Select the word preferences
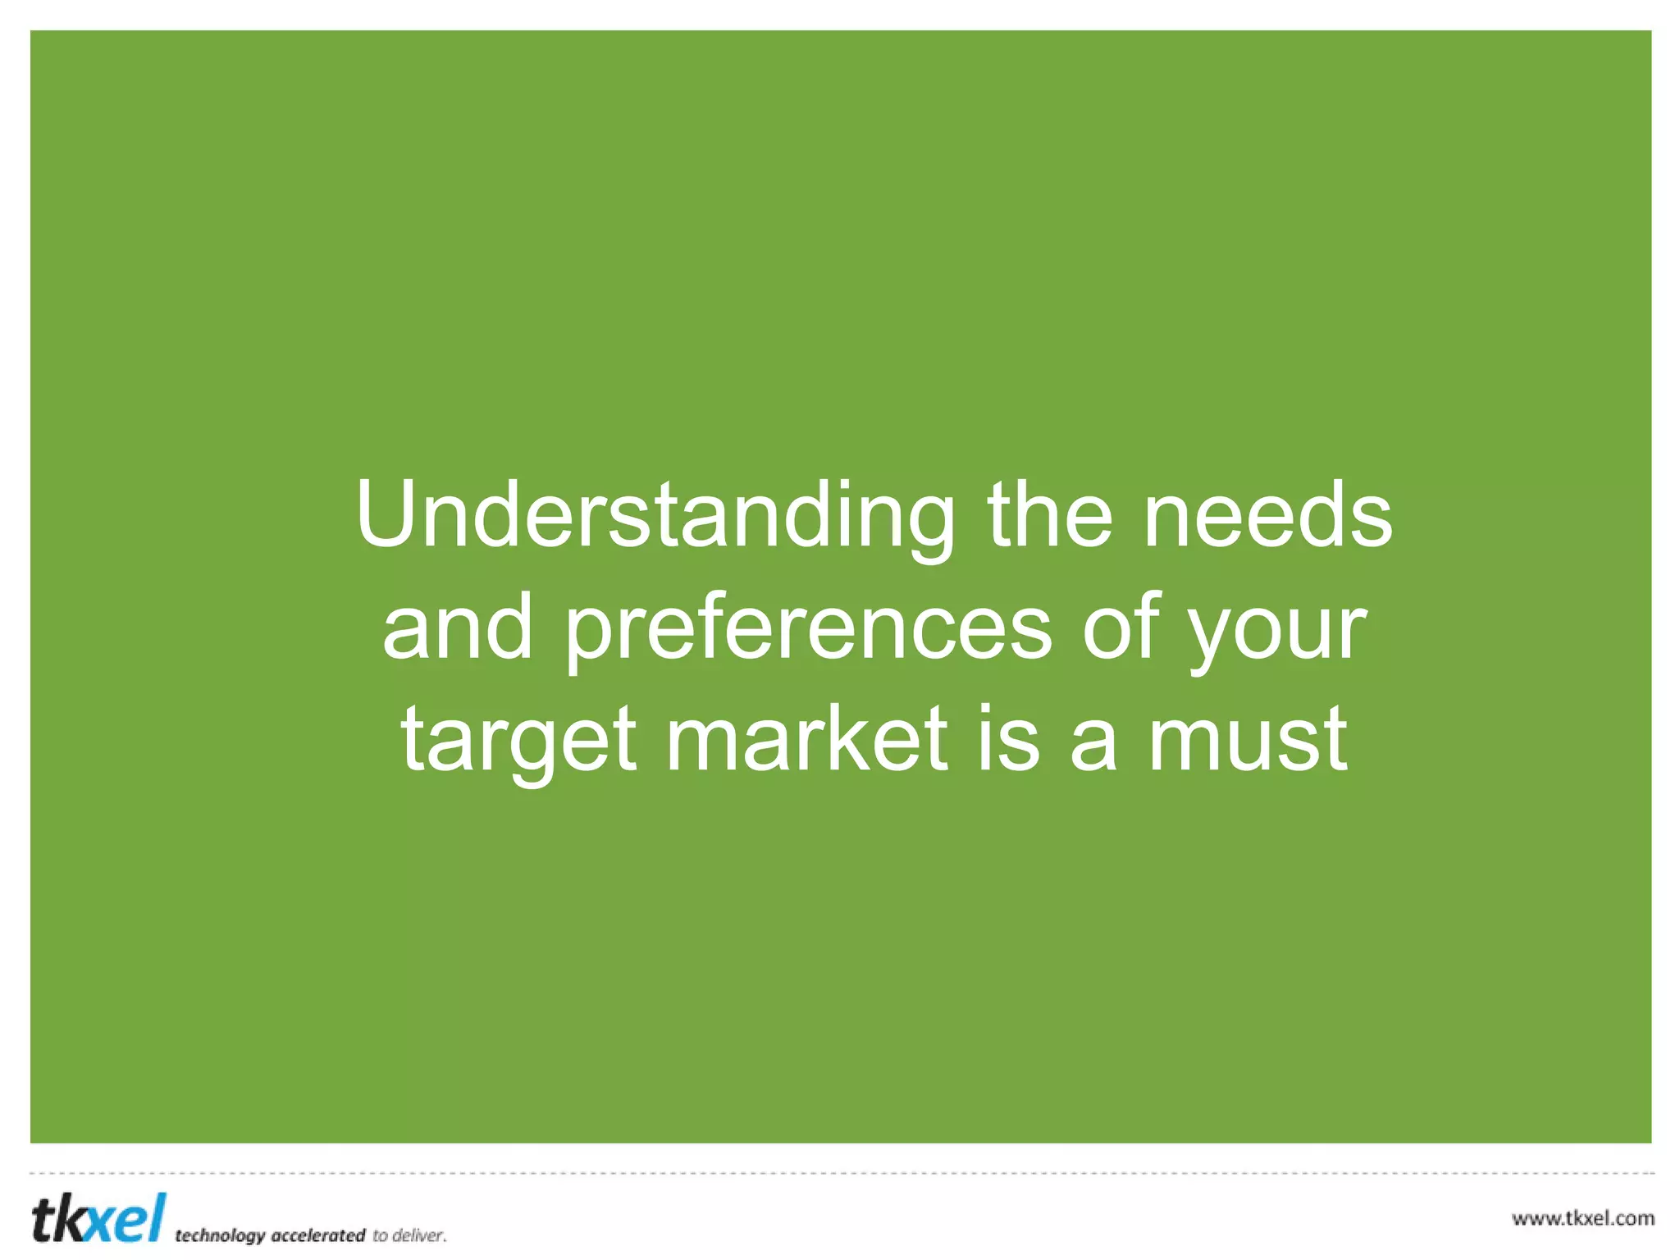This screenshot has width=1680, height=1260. click(808, 630)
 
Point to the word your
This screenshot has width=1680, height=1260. click(1277, 630)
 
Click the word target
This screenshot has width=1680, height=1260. click(518, 740)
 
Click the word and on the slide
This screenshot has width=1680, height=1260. click(458, 628)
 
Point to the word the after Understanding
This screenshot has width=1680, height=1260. click(1050, 515)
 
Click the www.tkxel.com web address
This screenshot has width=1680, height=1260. click(1582, 1218)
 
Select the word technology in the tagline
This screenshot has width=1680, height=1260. click(220, 1235)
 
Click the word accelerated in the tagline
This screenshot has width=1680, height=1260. click(317, 1235)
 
